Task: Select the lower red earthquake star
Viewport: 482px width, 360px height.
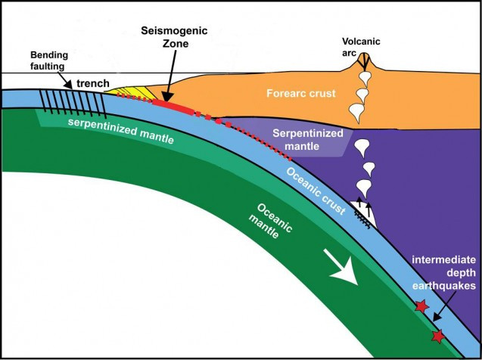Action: (437, 335)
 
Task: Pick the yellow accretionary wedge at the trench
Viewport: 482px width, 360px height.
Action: (129, 93)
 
